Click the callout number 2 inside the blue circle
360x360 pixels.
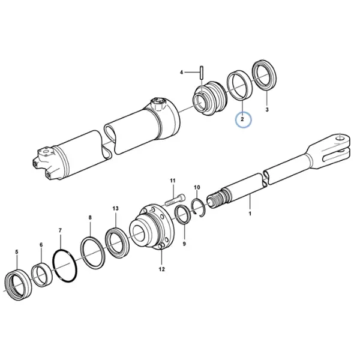point(242,119)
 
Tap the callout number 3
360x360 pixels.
point(267,110)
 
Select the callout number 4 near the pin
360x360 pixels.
point(181,73)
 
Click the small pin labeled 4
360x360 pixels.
point(202,73)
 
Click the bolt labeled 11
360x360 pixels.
point(175,200)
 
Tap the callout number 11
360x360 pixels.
point(173,181)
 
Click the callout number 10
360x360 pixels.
point(197,187)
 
